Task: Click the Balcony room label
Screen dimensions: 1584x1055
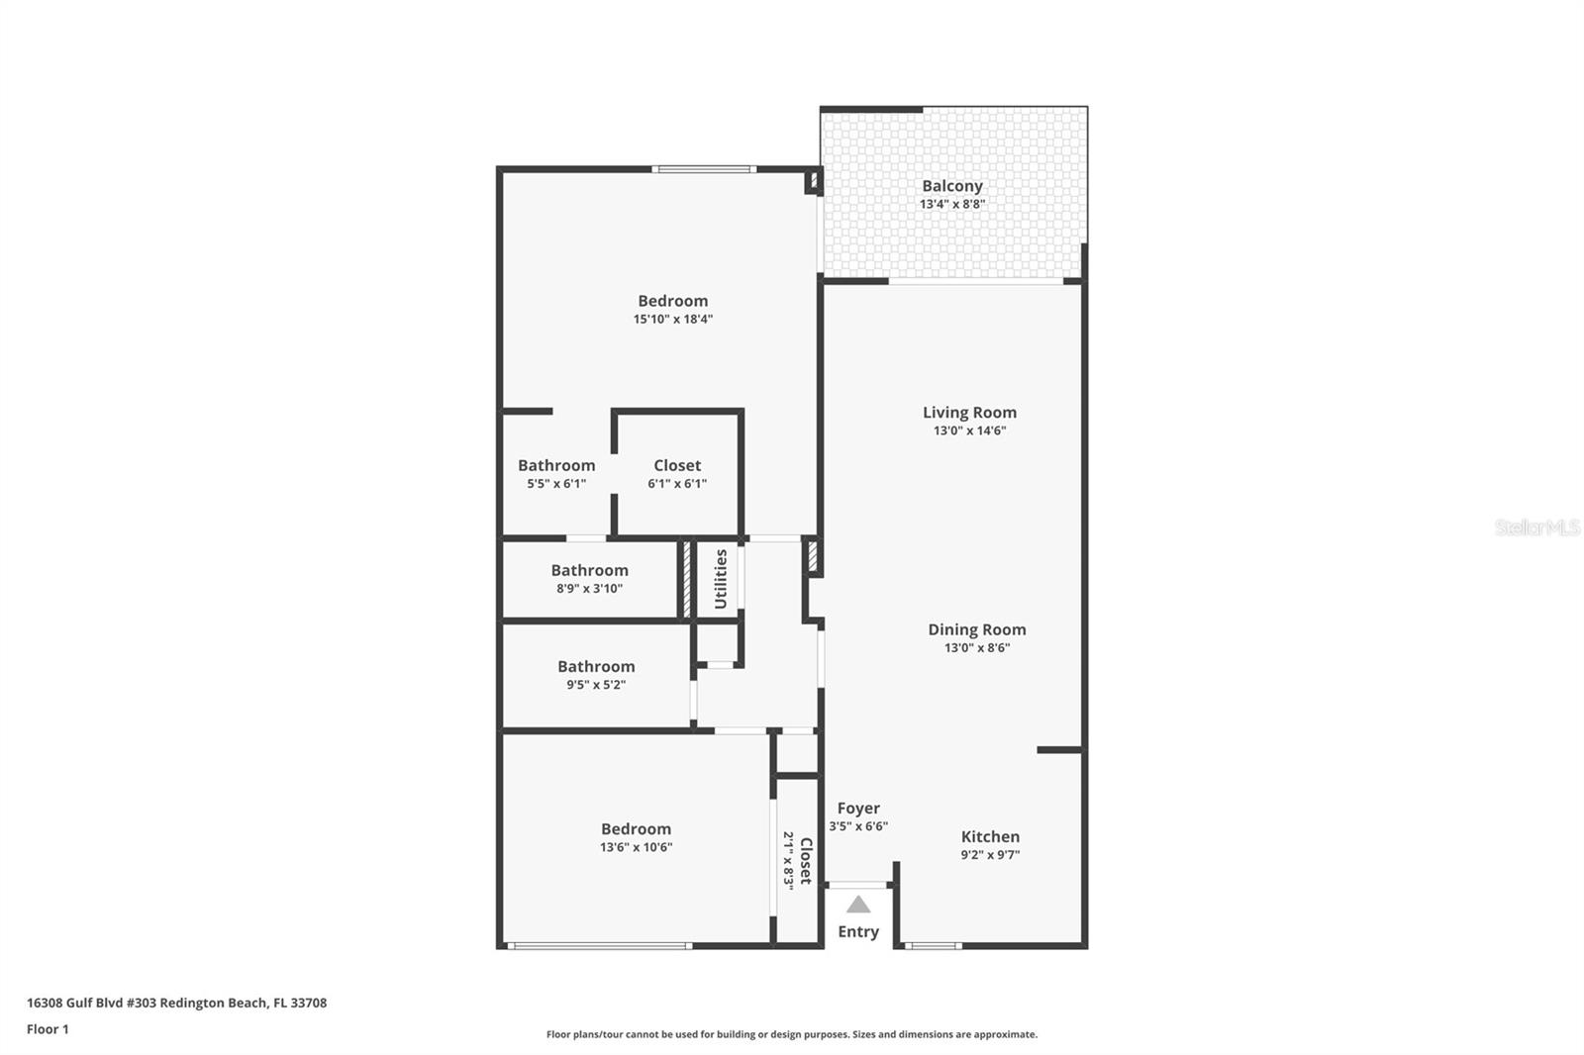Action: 951,186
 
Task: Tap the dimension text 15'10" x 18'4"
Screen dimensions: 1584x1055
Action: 672,319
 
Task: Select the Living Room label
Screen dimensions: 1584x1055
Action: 969,413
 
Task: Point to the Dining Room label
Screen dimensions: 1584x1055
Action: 976,629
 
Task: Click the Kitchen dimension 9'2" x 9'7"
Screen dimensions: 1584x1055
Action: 990,854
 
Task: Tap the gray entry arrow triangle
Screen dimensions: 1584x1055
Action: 857,905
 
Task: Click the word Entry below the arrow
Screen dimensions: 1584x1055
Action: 858,932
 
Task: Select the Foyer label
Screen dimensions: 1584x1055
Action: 858,809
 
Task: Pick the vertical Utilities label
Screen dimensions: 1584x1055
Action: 721,579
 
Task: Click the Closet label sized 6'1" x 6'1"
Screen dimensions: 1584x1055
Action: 677,465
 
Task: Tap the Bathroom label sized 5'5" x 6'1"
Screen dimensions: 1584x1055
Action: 556,465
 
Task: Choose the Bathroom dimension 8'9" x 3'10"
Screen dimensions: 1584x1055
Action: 589,588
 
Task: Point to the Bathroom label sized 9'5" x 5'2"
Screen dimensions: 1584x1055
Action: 596,666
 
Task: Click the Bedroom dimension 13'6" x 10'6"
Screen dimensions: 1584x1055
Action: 636,847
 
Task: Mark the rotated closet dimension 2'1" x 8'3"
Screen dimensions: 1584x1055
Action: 788,860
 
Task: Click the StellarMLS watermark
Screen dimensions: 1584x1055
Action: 1537,527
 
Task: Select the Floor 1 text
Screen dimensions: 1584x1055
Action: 48,1029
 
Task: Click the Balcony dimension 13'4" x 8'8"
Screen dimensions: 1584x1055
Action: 951,204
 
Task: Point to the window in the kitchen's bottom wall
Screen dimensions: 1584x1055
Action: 933,945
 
